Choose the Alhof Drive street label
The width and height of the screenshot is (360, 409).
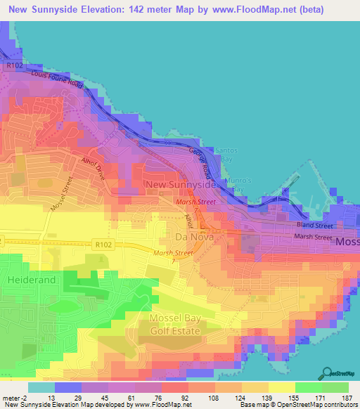91,168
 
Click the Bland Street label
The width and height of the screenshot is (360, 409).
314,226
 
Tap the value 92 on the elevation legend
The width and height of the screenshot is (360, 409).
185,398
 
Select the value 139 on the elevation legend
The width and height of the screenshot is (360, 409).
264,398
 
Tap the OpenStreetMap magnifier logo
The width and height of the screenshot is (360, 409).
328,370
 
